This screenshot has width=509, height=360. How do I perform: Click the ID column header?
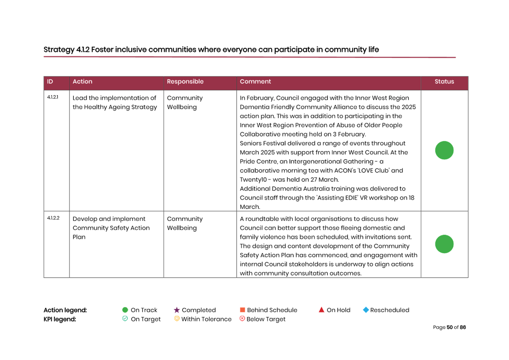tap(50, 81)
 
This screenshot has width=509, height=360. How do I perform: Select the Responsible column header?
tap(185, 81)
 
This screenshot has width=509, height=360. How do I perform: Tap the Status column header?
tap(444, 81)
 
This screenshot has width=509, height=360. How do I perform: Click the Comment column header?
tap(255, 81)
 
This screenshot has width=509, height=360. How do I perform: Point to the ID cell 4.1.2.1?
tap(52, 97)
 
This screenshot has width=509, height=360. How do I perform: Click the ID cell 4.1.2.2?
tap(53, 218)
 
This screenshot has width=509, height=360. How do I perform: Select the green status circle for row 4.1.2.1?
tap(444, 150)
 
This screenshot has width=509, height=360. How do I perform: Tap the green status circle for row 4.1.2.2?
tap(444, 244)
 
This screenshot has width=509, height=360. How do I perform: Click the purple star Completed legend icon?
tap(176, 310)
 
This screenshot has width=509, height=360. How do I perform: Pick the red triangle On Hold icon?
tap(321, 310)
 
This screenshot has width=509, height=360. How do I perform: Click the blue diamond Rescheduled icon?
tap(366, 310)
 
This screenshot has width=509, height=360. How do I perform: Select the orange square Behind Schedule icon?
tap(242, 310)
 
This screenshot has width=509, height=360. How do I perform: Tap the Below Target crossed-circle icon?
tap(242, 319)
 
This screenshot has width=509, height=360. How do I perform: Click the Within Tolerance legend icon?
tap(176, 319)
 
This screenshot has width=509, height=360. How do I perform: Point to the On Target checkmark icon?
tap(125, 319)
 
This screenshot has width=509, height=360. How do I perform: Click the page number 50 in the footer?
tap(450, 327)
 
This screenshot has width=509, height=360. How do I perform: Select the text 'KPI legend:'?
tap(60, 319)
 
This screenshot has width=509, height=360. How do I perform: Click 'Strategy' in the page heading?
tap(59, 50)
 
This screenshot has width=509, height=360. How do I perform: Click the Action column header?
tap(82, 81)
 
